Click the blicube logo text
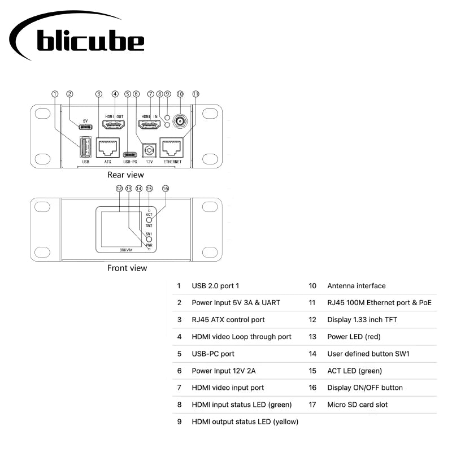coord(90,40)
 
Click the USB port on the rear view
coord(84,147)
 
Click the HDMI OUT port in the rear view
coord(113,124)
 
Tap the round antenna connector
coord(180,121)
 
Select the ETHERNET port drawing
coord(172,148)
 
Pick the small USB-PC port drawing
coord(131,154)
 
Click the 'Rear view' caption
coord(125,175)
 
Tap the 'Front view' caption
coord(127,268)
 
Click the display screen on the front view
coord(119,229)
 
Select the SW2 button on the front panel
coord(149,220)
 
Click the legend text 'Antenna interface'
coord(356,286)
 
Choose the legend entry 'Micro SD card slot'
coord(357,405)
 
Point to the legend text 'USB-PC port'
coord(213,354)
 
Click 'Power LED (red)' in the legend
coord(354,337)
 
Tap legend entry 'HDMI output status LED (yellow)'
coord(245,421)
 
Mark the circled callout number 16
coord(166,188)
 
